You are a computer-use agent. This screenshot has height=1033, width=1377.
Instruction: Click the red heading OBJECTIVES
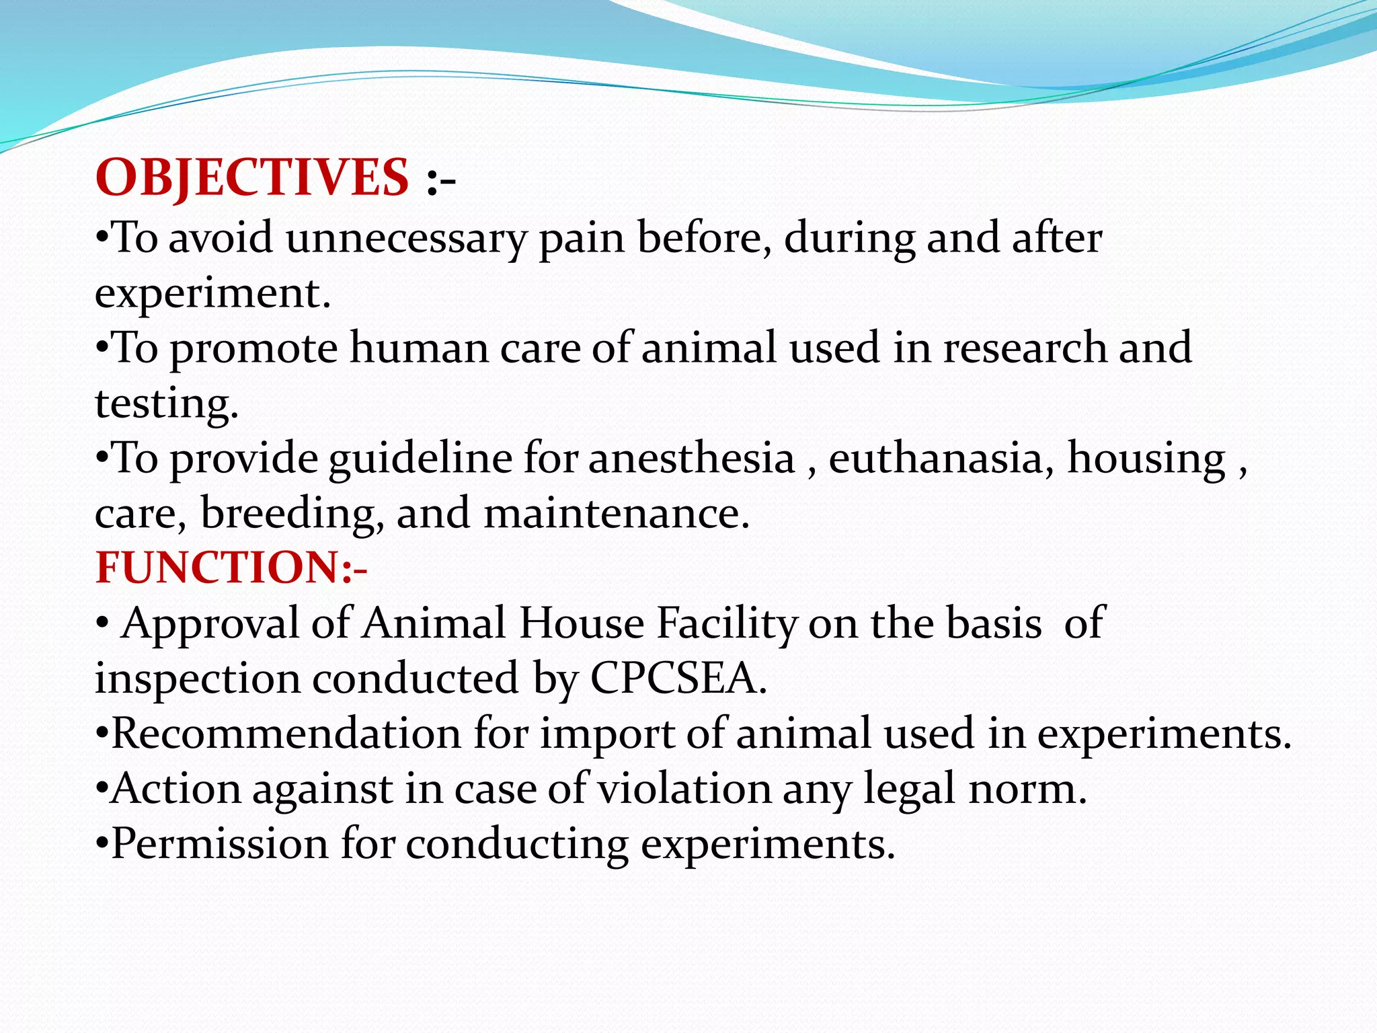(252, 178)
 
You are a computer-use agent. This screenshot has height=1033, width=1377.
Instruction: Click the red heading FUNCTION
(219, 568)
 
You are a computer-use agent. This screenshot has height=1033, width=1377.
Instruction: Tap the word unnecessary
(405, 239)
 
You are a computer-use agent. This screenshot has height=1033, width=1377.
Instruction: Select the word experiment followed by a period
(212, 295)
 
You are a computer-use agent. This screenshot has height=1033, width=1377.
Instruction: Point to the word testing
(166, 404)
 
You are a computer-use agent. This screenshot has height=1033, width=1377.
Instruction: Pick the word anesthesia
(691, 459)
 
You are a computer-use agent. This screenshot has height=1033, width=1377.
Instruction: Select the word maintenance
(616, 514)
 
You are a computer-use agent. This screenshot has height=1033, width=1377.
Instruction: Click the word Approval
(210, 624)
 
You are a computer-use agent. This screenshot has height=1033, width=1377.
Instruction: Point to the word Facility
(727, 624)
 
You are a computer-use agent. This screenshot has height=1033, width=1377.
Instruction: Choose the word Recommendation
(286, 733)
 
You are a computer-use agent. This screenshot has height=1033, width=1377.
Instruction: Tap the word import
(607, 734)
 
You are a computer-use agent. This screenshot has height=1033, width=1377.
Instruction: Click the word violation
(684, 789)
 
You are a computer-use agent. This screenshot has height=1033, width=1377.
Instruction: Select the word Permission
(219, 844)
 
